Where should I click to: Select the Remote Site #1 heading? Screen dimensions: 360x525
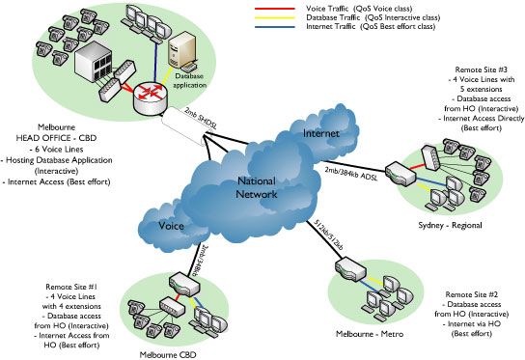coord(65,287)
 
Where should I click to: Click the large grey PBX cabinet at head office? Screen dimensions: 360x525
coord(96,60)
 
